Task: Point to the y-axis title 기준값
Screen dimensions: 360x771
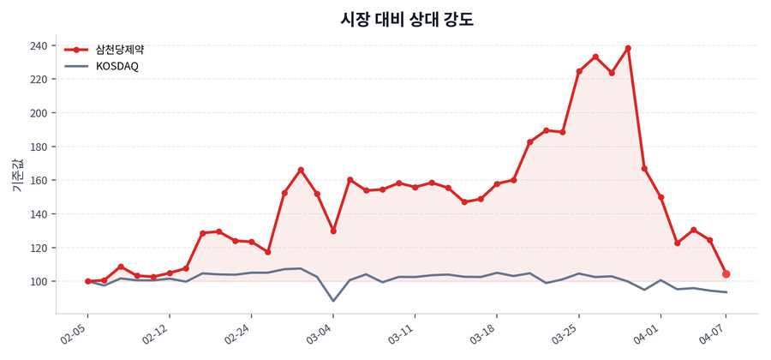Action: (18, 176)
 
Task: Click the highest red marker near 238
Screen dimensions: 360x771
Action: (628, 48)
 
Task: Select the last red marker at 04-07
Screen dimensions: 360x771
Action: (726, 274)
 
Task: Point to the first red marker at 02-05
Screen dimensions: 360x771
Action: (87, 281)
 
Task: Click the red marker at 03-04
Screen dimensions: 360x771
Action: (333, 231)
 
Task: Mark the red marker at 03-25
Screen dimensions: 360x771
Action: (579, 71)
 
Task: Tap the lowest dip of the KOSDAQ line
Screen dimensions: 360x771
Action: (333, 301)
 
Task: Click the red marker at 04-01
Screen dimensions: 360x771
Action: (661, 197)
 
